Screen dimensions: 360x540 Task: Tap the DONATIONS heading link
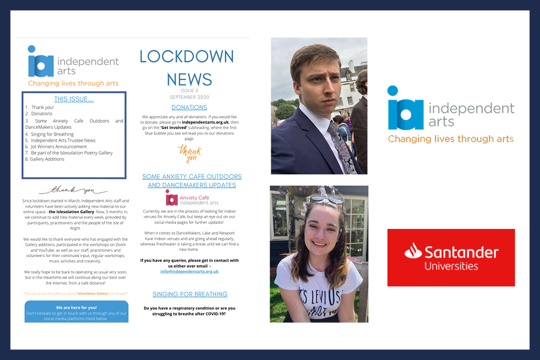(x=189, y=107)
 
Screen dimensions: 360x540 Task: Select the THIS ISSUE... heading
(x=74, y=100)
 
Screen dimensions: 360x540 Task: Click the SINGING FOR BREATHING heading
(x=190, y=294)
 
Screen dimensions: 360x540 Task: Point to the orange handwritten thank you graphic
(x=189, y=154)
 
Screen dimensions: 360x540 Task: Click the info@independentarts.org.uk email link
(x=189, y=271)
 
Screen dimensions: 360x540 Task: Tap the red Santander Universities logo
(x=451, y=258)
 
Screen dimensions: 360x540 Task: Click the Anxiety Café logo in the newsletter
(x=192, y=198)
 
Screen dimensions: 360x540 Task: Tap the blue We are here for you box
(x=76, y=313)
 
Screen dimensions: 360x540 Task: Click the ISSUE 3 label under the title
(x=189, y=91)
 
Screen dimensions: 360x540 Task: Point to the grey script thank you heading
(x=73, y=190)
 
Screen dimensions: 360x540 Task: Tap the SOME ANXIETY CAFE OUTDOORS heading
(x=192, y=177)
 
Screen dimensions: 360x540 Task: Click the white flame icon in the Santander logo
(x=413, y=251)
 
